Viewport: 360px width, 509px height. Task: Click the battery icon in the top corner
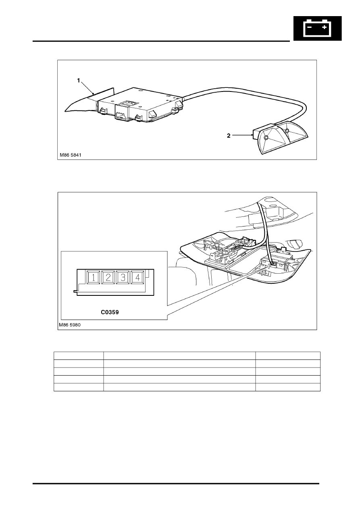pos(317,28)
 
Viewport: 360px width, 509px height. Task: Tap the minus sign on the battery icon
pos(309,27)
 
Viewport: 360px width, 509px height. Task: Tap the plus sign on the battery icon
pos(324,27)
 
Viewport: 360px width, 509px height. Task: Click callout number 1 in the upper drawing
pos(79,81)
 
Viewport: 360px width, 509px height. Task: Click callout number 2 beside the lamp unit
pos(229,136)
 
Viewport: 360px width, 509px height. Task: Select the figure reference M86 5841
pos(71,155)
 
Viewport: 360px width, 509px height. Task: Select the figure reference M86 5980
pos(70,325)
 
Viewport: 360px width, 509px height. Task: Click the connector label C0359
pos(110,312)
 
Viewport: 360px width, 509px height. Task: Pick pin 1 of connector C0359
pos(93,277)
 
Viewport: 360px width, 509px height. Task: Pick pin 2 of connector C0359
pos(108,277)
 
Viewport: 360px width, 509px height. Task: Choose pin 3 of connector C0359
pos(123,277)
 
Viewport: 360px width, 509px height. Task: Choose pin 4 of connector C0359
pos(138,277)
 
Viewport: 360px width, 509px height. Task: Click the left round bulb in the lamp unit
pos(266,138)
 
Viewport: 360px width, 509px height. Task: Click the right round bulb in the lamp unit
pos(287,131)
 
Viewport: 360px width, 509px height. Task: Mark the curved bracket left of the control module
pos(90,101)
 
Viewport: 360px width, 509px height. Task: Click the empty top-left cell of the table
pos(79,355)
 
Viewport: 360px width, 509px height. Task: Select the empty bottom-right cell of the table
pos(288,387)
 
